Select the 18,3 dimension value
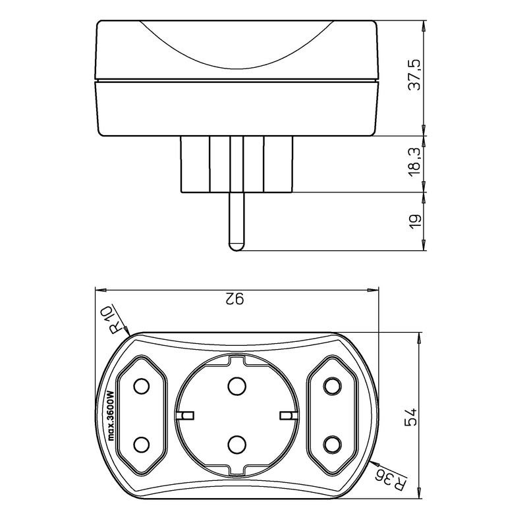pos(413,164)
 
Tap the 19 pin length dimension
pos(413,221)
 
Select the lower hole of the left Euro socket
pos(140,446)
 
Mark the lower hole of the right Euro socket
pos(331,446)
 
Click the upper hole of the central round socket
pos(235,385)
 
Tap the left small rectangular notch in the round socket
pos(186,415)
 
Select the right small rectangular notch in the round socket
pos(285,415)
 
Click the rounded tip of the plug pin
pos(235,247)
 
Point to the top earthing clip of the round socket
pos(236,359)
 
